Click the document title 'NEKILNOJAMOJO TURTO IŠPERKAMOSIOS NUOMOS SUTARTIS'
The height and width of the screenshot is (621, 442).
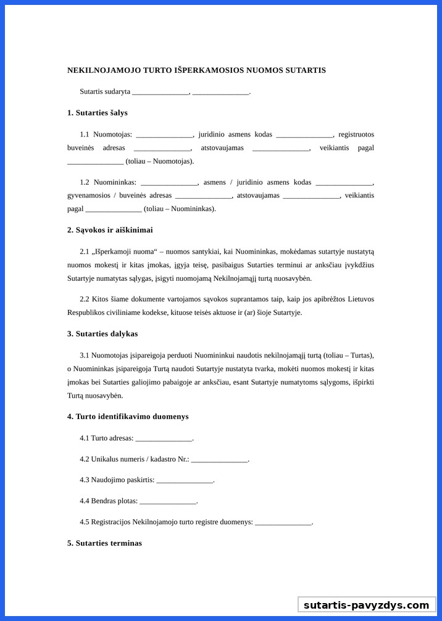tap(196, 70)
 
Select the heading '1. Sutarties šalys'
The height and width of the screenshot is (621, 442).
tap(98, 113)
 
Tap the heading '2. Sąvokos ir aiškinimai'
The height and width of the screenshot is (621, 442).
tap(110, 230)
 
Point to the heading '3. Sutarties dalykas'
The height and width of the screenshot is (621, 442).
tap(102, 334)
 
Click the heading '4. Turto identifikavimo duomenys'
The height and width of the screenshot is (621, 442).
tap(128, 417)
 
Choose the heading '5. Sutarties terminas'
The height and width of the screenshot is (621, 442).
tap(104, 543)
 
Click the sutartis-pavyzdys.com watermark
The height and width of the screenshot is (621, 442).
tap(366, 605)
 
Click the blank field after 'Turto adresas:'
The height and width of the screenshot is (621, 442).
tap(164, 439)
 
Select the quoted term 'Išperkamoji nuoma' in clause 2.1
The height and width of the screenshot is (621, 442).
tap(124, 252)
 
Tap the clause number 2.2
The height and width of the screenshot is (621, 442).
tap(84, 299)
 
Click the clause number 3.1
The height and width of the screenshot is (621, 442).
tap(84, 356)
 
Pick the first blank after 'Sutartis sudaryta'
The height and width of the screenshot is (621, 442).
tap(160, 92)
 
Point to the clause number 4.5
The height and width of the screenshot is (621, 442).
tap(84, 522)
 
